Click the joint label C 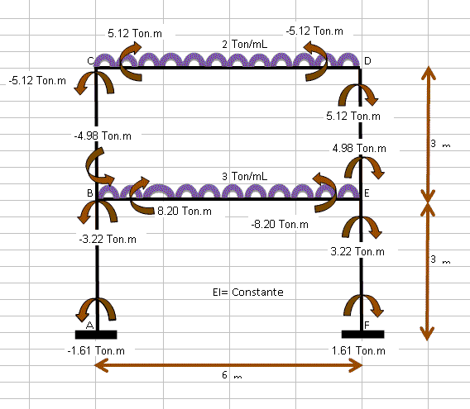pos(90,61)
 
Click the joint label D pos(367,61)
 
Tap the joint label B pos(90,193)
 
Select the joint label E pos(367,193)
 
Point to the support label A pos(89,326)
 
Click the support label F pos(367,326)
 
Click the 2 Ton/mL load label pos(245,45)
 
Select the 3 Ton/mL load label pos(245,176)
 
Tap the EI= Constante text pos(248,292)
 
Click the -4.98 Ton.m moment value pos(103,136)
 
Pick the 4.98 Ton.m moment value pos(359,148)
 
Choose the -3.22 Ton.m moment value pos(108,240)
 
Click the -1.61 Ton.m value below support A pos(96,350)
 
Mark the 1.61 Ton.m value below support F pos(358,350)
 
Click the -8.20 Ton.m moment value pos(280,224)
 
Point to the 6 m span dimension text pos(232,375)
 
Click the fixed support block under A pos(96,335)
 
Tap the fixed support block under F pos(362,334)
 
